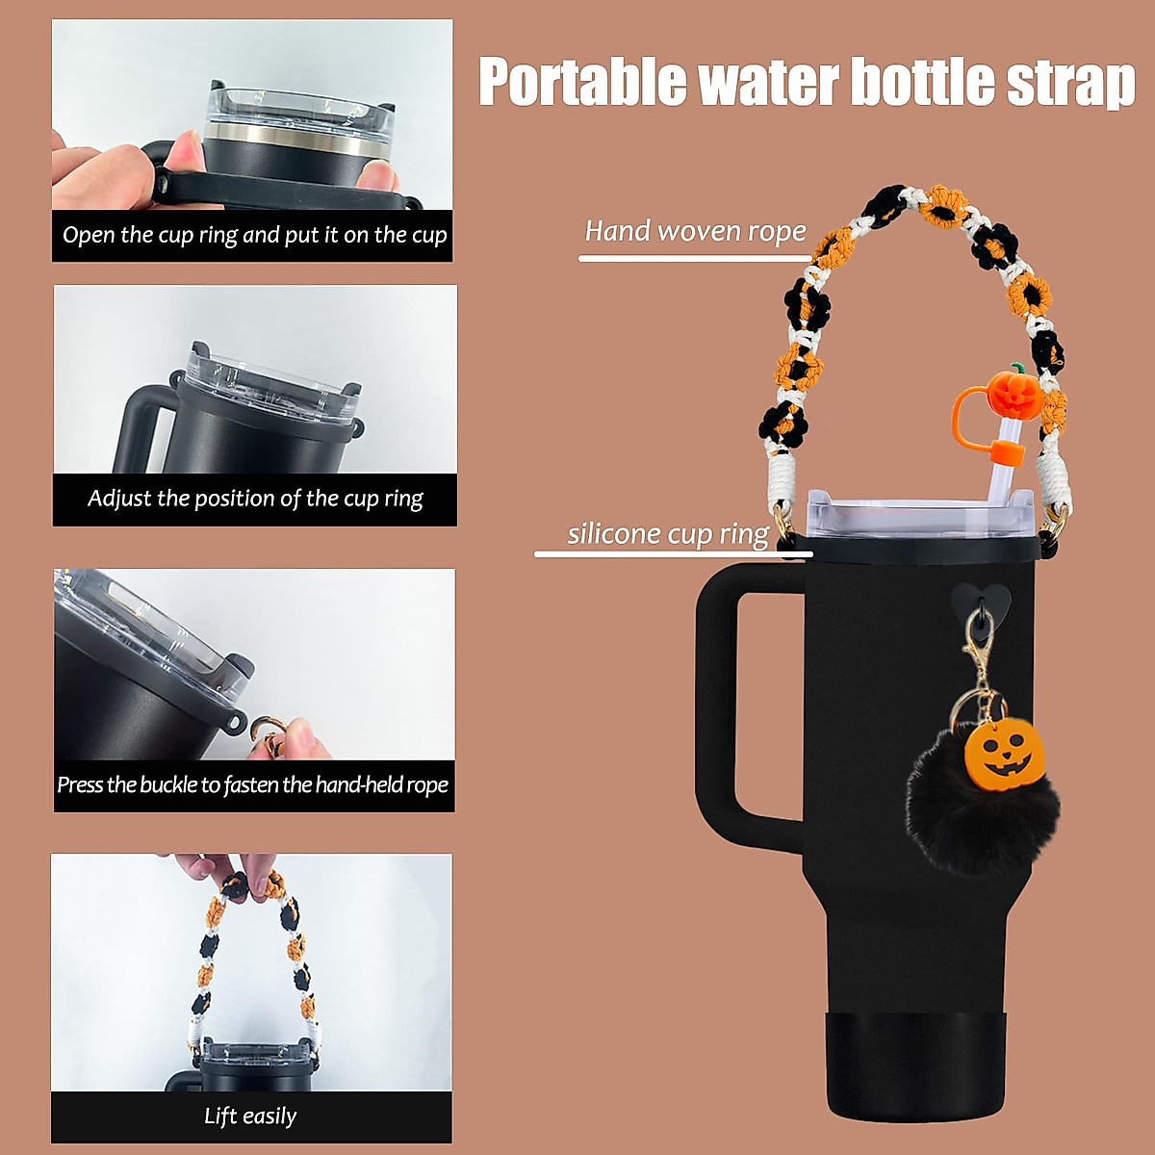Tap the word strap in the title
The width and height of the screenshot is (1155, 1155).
1070,83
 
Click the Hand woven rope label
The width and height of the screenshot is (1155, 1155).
695,232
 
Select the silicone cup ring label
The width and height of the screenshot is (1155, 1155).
668,534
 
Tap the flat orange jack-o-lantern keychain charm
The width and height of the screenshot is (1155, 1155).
1004,752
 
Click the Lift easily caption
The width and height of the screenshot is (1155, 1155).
250,1116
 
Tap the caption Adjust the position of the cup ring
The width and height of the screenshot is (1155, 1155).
255,499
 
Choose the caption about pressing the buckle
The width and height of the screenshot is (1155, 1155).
253,784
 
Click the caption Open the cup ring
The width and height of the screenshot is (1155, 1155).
254,235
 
